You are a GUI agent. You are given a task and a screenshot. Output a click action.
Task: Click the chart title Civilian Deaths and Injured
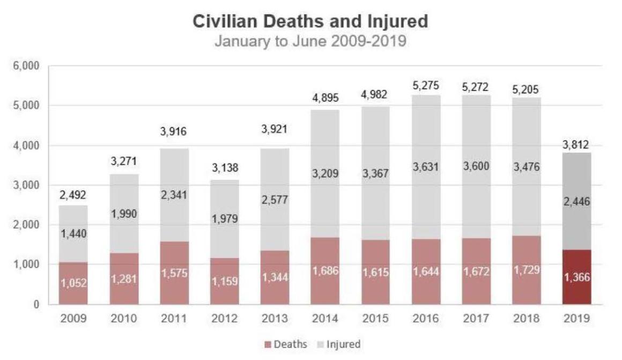click(310, 21)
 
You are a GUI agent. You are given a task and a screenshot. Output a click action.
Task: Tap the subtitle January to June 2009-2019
click(310, 41)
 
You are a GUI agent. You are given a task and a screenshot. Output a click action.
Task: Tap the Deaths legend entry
click(287, 344)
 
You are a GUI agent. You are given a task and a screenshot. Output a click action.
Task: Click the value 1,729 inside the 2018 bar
click(526, 269)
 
